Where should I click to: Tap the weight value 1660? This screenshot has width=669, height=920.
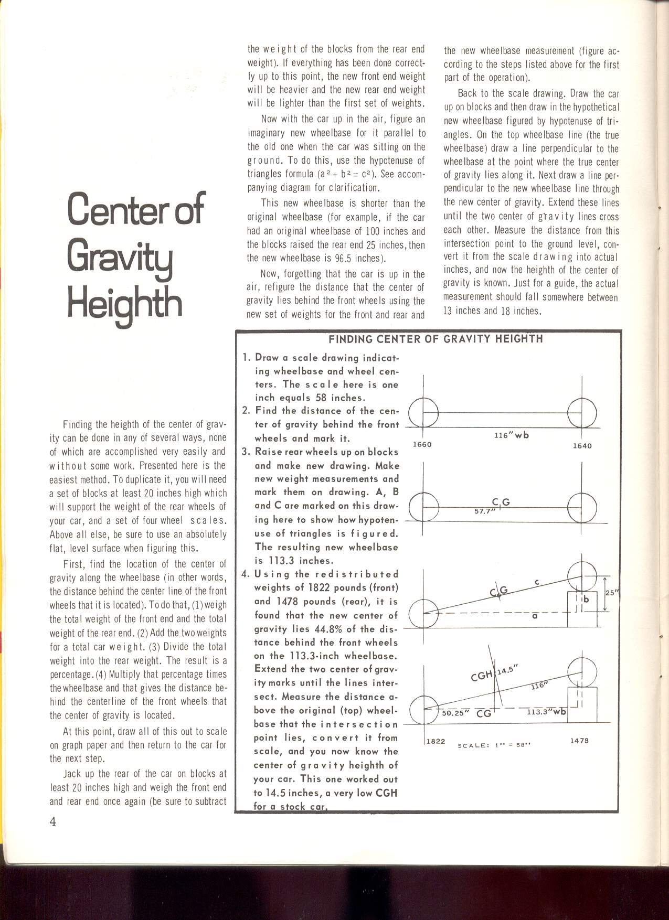pos(422,445)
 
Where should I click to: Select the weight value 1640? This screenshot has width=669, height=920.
pos(582,446)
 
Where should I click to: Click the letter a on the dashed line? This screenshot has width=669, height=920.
pos(535,616)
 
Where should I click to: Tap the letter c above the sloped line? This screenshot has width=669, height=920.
pos(537,581)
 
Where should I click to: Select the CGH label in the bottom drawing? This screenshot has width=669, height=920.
pos(482,677)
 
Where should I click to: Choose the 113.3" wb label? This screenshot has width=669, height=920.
pos(547,712)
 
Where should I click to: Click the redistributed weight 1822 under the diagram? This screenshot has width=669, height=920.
pos(436,741)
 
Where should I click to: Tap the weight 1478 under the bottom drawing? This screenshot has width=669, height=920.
pos(579,741)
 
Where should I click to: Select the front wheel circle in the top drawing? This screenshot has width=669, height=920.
pos(423,412)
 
